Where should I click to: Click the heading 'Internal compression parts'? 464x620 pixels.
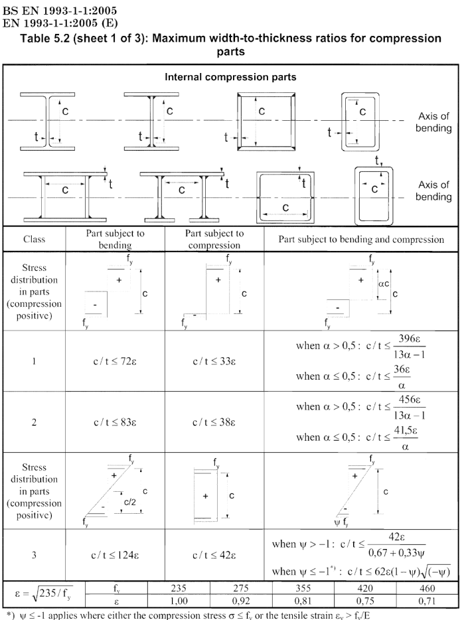tap(230, 77)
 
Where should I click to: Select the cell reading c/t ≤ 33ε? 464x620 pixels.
tap(216, 361)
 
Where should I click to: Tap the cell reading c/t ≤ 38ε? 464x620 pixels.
tap(216, 421)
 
